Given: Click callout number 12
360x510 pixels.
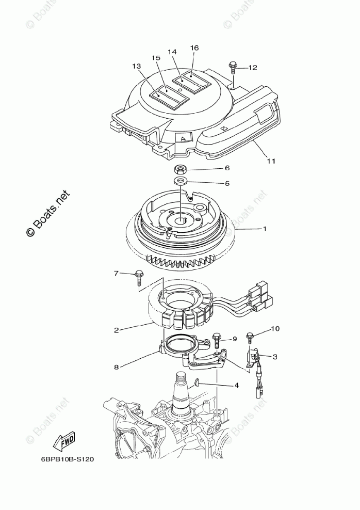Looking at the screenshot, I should [252, 67].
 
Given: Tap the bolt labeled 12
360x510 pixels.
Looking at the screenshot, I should [233, 67].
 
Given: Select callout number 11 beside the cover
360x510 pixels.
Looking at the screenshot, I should [271, 161].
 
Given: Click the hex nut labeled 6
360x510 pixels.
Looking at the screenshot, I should [181, 169].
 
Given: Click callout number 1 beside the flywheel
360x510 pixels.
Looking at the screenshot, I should [265, 229].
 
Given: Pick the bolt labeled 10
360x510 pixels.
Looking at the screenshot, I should [251, 337].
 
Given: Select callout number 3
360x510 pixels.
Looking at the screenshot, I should [275, 356].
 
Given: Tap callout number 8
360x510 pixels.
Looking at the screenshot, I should [117, 367].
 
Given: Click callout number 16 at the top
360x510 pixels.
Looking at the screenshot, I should [194, 47].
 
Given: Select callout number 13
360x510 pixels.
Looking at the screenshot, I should [136, 66].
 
